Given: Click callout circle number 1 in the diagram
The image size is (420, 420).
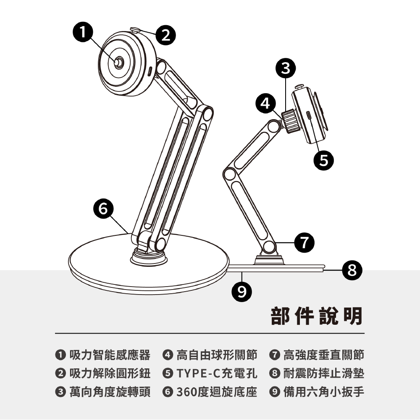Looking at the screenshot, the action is click(83, 33).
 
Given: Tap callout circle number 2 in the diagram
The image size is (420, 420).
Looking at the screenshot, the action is click(165, 35).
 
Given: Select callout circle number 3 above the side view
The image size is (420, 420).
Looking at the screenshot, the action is click(286, 68).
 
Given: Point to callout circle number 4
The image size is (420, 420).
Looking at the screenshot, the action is click(265, 103).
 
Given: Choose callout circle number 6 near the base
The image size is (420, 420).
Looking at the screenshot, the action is click(103, 209).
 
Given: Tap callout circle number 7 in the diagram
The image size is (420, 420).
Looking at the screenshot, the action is click(304, 243).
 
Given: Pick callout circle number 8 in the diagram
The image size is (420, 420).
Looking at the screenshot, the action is click(352, 270).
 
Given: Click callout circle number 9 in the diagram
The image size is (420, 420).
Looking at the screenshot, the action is click(242, 292).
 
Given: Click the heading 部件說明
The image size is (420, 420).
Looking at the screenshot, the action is click(317, 316).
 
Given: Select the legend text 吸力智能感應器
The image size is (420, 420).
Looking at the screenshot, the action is click(110, 355).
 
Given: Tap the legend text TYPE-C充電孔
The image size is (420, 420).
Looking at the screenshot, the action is click(217, 373).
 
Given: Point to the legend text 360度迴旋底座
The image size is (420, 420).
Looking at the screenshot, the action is click(217, 392).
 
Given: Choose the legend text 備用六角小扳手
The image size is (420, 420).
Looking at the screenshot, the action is click(324, 392).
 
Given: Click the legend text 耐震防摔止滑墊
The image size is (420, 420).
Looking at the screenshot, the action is click(324, 373).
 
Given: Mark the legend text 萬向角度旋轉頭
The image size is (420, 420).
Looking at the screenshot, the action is click(110, 392).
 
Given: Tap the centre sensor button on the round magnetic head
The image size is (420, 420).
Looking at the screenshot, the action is click(118, 63).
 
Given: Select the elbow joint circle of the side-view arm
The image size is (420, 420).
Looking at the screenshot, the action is click(230, 174).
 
